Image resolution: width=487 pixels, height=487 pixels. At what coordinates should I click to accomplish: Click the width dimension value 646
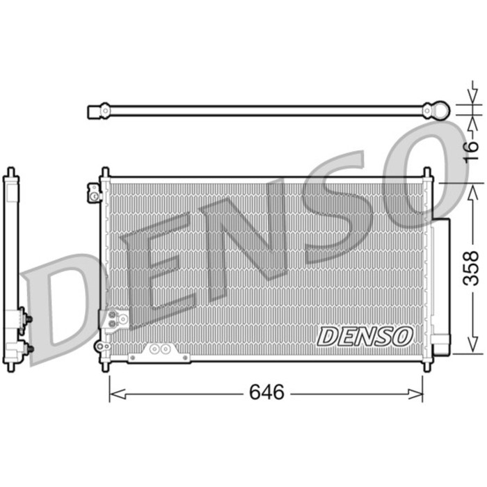click(x=266, y=392)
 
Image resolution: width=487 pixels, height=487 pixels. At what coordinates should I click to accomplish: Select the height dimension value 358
click(x=472, y=267)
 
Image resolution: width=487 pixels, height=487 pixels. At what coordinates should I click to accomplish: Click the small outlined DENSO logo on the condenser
click(x=365, y=336)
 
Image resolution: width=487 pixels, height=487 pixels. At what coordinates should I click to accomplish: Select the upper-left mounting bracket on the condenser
click(x=95, y=193)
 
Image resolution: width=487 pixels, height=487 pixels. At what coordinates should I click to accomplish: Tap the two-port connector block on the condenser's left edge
click(x=115, y=320)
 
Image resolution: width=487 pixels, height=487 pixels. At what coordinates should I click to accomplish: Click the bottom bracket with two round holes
click(x=159, y=352)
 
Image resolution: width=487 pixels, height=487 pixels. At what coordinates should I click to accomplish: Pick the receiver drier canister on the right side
click(x=441, y=285)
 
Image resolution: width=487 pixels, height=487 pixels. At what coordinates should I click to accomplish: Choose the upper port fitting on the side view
click(x=27, y=319)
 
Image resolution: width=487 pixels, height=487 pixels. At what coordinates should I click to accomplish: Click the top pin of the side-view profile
click(x=10, y=171)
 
